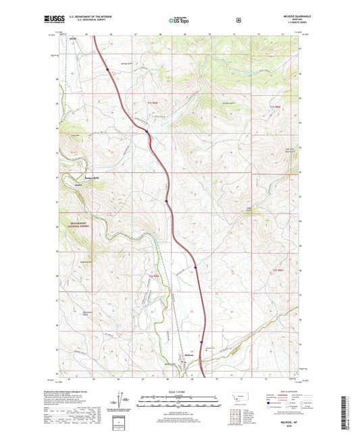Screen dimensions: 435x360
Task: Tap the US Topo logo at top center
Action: coord(179,21)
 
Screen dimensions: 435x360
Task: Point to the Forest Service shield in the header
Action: coord(238,20)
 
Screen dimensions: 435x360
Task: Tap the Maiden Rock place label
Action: coord(73,178)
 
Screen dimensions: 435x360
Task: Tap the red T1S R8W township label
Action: coord(274,107)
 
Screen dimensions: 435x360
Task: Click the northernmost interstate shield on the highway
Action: coord(107,68)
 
